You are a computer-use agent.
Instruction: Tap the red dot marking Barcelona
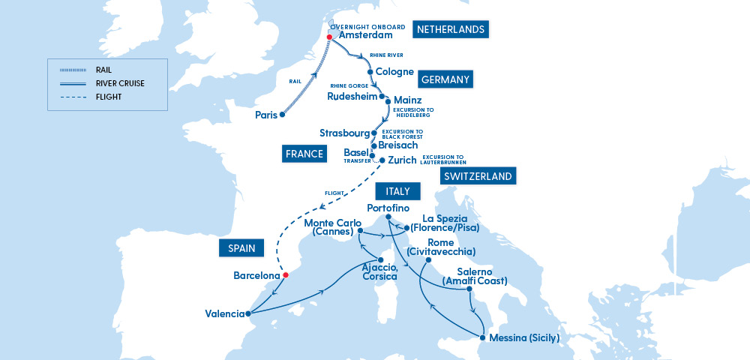pos(284,274)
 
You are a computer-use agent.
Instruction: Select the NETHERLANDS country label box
pos(451,30)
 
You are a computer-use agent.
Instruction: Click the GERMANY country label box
pos(445,79)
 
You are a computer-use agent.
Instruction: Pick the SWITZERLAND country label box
pos(478,177)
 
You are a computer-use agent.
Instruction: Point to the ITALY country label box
pos(393,192)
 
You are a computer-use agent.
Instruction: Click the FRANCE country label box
pos(304,154)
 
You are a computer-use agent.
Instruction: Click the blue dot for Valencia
pos(248,313)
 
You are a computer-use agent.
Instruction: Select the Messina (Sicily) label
pos(525,338)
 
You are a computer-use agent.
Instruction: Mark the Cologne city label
pos(394,72)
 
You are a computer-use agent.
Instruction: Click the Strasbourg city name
pos(344,133)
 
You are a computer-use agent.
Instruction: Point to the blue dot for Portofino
pos(388,217)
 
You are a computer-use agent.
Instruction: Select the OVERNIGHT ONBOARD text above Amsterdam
pos(363,25)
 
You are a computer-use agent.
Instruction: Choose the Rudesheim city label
pos(352,96)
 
